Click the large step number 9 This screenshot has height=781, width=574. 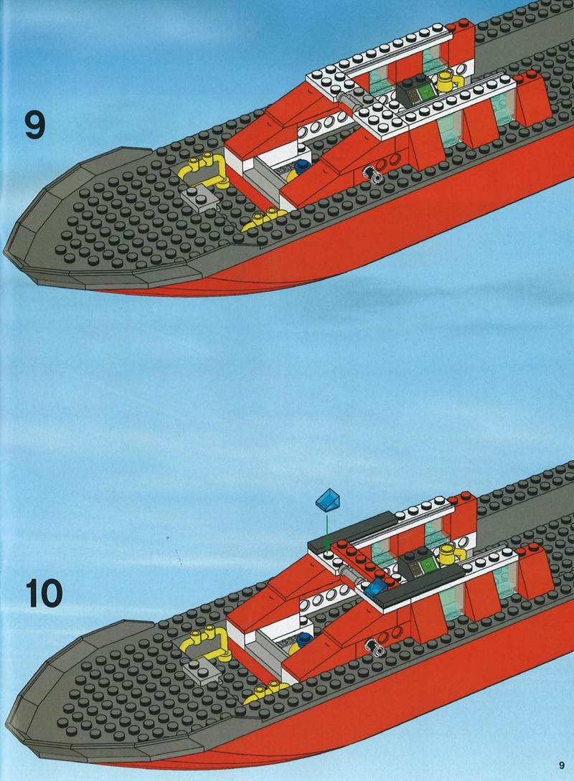tap(35, 125)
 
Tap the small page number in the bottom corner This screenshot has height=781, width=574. tap(562, 765)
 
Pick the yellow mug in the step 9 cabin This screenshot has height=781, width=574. tap(447, 81)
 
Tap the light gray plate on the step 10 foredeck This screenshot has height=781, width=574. tap(202, 673)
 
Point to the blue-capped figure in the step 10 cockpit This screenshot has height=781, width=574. tap(301, 643)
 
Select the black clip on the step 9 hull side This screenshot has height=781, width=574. tap(372, 174)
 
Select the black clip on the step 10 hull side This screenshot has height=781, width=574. tap(373, 647)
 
